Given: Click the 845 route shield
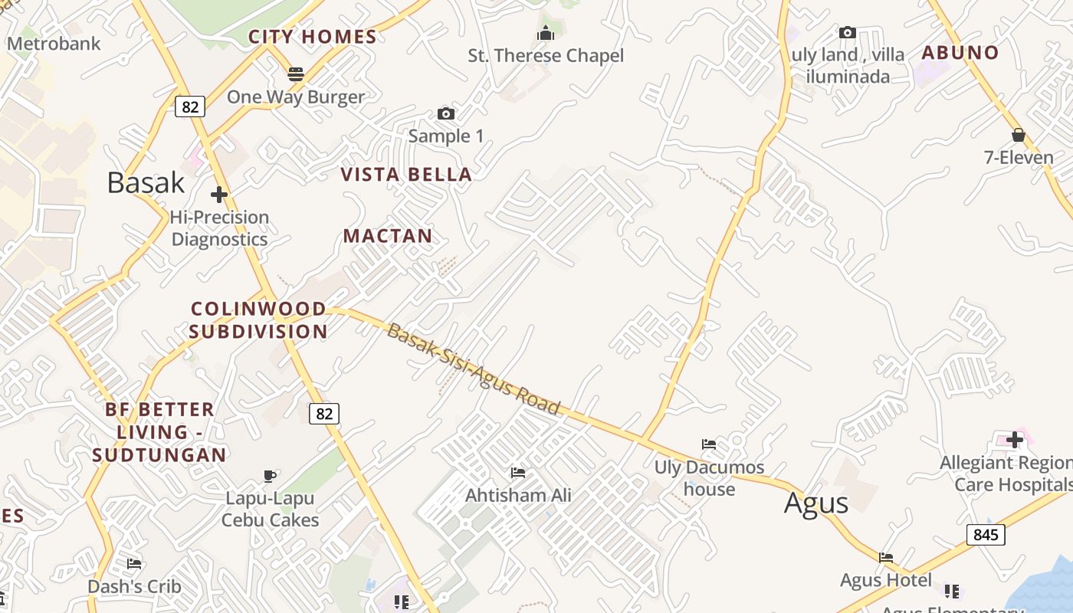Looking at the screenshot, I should (986, 534).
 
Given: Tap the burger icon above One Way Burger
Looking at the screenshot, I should (296, 74).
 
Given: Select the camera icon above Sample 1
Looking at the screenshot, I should (446, 114).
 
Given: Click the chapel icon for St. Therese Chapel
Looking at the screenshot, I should (546, 33).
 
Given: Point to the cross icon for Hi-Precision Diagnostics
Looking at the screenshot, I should (219, 195).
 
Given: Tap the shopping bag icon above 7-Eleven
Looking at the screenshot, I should (1019, 136).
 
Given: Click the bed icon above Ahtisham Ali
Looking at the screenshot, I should (518, 473).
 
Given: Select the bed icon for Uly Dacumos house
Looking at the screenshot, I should (709, 444).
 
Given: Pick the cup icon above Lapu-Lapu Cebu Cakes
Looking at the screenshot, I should (270, 476).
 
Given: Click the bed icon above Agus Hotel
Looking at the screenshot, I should (886, 557).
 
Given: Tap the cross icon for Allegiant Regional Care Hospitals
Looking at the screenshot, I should (1015, 440).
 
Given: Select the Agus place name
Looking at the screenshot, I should (816, 503).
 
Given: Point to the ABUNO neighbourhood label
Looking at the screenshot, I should (960, 53).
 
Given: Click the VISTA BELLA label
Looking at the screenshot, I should (406, 175).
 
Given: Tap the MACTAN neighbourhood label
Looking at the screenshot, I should (388, 236).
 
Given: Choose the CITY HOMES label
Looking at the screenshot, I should (313, 37).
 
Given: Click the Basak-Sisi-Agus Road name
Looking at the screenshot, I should (474, 368).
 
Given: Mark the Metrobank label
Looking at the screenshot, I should (54, 44).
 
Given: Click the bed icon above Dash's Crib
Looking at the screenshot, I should (134, 564).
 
